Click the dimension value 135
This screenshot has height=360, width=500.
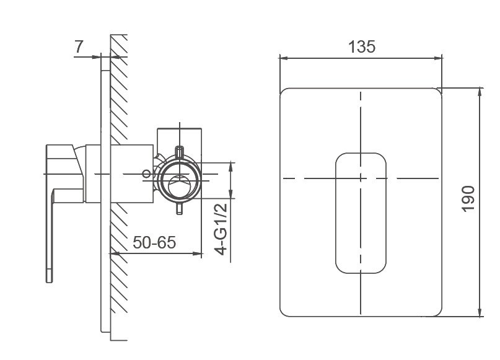coord(362,46)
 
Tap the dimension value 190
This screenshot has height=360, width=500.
coord(468,198)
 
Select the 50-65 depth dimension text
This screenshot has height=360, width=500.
coord(154,242)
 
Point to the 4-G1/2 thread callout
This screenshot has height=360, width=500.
coord(221,229)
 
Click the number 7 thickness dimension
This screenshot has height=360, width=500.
coord(79,46)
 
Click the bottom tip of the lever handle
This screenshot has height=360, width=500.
coord(49,281)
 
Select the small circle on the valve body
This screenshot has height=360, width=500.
coord(146,173)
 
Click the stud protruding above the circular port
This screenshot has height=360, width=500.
coord(180,151)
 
